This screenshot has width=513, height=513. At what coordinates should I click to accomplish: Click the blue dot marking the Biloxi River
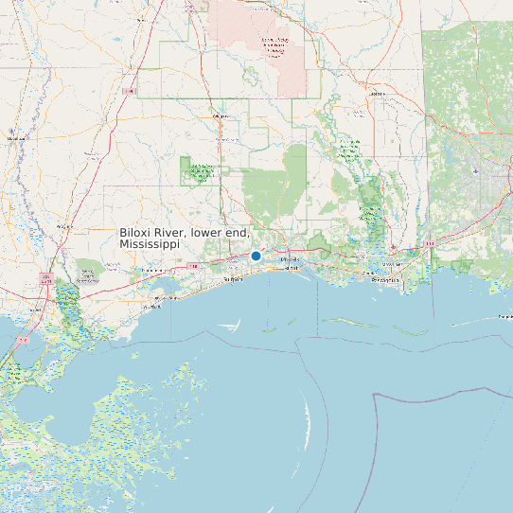pos(256,256)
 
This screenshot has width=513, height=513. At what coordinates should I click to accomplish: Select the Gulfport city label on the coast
pos(232,280)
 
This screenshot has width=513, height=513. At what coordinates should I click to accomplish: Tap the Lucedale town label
pos(378,95)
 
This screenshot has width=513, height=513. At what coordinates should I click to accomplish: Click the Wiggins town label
pos(223,115)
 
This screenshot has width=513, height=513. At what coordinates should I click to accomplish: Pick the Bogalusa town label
pos(65,227)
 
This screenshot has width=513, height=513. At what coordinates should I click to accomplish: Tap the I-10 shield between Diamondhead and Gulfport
pos(193,266)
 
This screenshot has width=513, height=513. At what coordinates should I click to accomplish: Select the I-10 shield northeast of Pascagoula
pos(430,243)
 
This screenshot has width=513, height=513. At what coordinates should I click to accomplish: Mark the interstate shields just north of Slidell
pos(45,278)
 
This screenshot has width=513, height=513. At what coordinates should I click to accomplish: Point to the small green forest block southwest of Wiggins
pos(201,172)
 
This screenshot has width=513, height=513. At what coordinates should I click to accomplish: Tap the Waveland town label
pos(150,307)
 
